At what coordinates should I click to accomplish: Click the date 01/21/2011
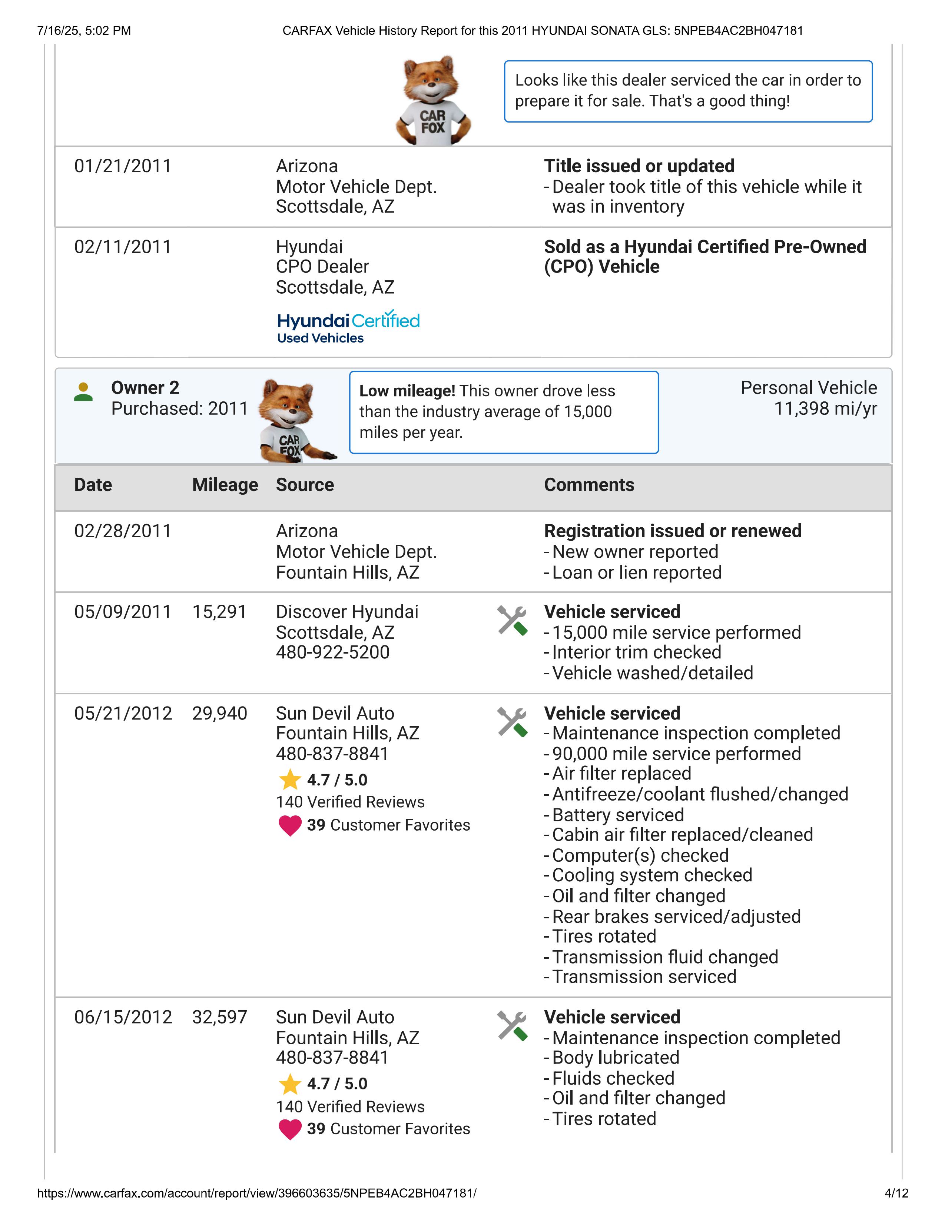coord(123,166)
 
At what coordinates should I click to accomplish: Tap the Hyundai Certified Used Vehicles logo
coord(348,327)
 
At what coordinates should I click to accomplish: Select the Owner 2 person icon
coord(83,392)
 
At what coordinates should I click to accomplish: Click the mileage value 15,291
coord(219,612)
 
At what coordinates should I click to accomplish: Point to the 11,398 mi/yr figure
coord(825,408)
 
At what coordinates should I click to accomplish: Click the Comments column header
coord(589,485)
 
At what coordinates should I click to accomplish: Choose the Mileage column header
coord(225,485)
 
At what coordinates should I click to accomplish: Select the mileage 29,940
coord(219,714)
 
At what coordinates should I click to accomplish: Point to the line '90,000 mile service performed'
coord(676,754)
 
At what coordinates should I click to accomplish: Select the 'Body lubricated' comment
coord(615,1058)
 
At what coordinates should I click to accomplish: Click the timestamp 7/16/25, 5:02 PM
coord(84,31)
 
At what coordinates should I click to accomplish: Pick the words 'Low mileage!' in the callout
coord(407,391)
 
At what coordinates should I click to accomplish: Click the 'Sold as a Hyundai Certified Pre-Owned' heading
coord(705,247)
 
